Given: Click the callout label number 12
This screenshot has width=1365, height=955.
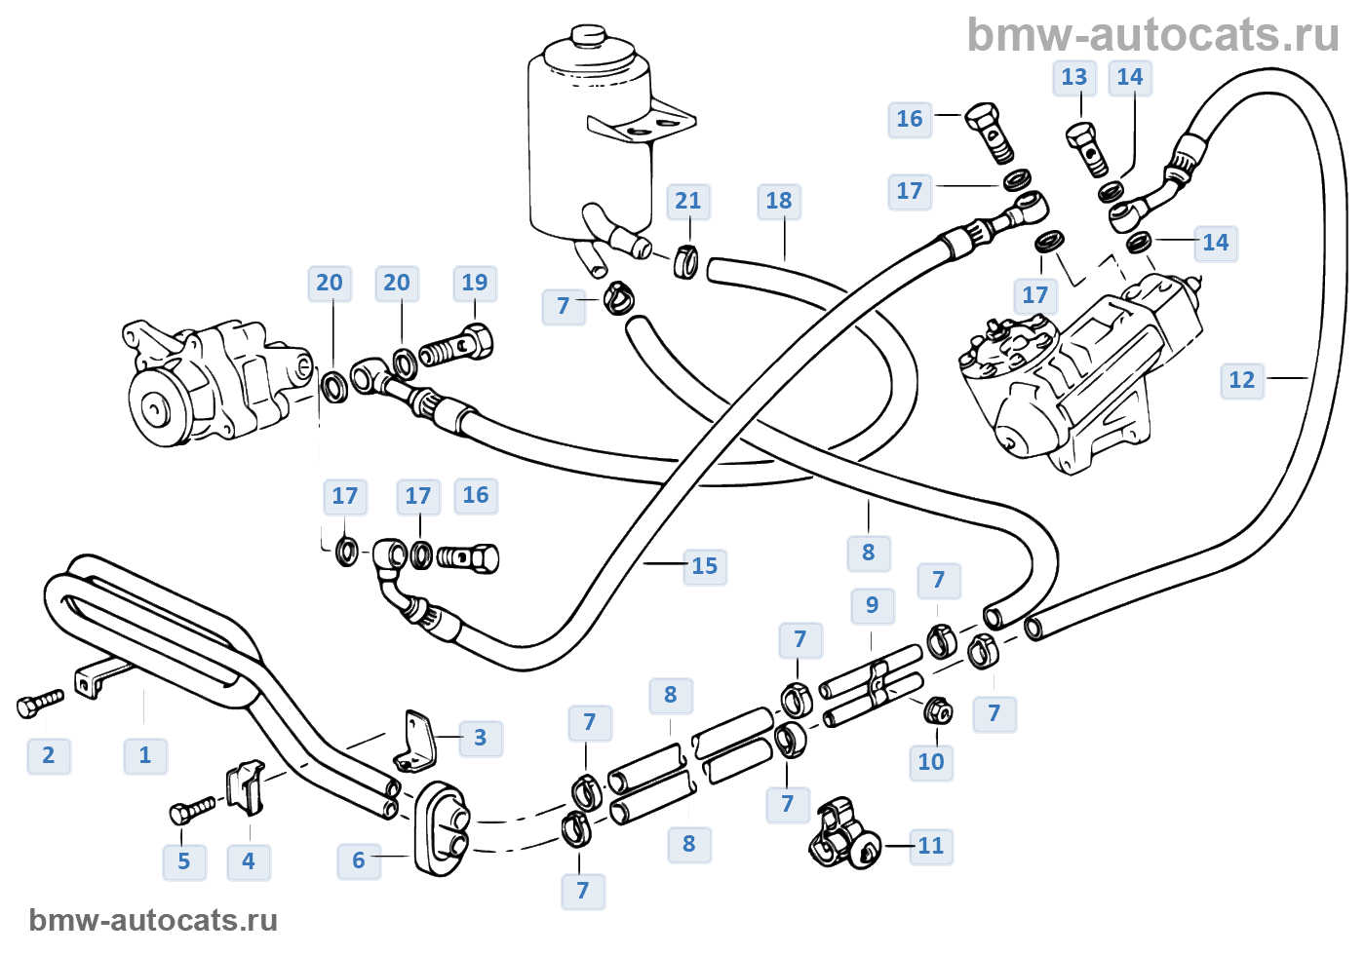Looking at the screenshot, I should [x=1241, y=380].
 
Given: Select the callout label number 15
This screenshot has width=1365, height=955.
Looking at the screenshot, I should [x=704, y=566].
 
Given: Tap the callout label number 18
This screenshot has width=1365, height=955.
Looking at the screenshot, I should [x=778, y=202].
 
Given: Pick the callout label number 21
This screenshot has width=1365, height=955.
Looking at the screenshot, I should [x=687, y=202].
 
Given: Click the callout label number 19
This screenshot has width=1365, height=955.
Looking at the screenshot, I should [x=474, y=284].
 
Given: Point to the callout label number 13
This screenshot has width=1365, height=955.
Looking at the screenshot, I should [x=1073, y=78].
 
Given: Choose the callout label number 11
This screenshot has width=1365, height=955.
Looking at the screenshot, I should [x=930, y=846].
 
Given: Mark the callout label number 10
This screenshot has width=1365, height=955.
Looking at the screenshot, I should [x=930, y=762].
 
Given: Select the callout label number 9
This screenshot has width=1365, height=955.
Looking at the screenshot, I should [x=872, y=605].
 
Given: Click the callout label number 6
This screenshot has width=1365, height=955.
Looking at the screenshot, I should [x=358, y=860].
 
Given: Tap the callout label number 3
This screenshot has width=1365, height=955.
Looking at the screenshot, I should [x=480, y=738].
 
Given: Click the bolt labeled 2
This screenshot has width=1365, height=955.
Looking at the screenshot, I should [x=39, y=704].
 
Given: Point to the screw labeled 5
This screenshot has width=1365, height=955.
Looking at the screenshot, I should [x=192, y=810].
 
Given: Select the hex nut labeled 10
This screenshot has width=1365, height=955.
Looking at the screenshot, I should [x=938, y=711].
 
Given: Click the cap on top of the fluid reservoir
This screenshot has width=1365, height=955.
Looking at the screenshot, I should [x=588, y=36].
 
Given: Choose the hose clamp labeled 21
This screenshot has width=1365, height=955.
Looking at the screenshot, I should [x=687, y=261].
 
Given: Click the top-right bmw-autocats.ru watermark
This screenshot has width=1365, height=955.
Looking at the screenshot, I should [x=1152, y=36].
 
